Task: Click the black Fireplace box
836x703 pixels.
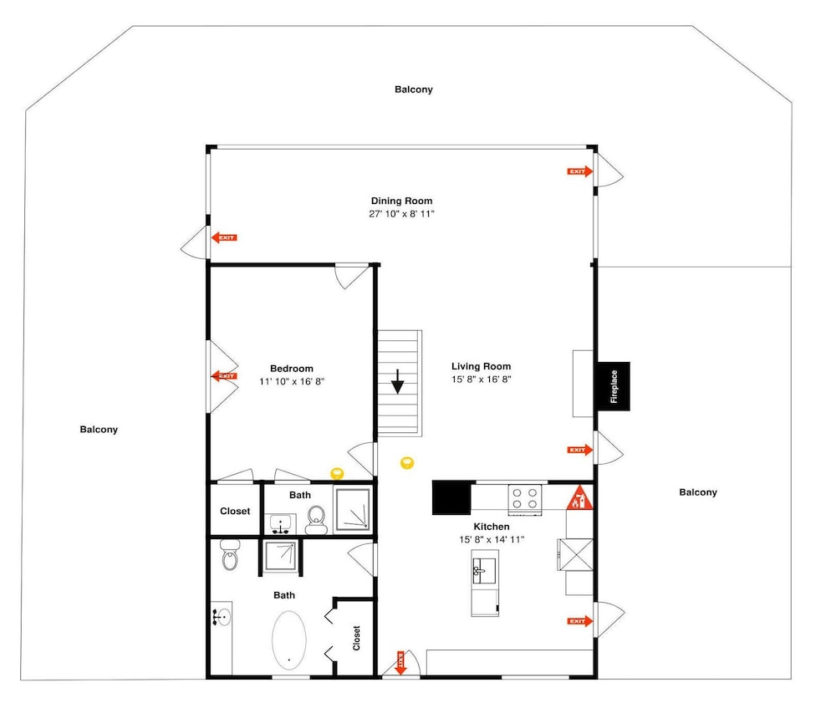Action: (x=613, y=386)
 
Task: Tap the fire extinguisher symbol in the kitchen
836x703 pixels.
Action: (x=579, y=498)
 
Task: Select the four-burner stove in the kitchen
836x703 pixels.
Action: (x=525, y=499)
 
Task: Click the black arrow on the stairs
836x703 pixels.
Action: (x=398, y=382)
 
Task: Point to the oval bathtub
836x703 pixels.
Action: (x=289, y=639)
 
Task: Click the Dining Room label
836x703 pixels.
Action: (x=401, y=201)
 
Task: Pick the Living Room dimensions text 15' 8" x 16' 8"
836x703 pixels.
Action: (x=481, y=380)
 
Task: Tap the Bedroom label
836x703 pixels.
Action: (x=292, y=369)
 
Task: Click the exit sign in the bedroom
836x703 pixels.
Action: (x=224, y=376)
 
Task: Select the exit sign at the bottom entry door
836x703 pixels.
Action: (x=400, y=663)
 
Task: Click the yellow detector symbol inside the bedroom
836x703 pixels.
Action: (x=337, y=473)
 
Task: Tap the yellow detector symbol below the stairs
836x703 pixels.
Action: (x=407, y=462)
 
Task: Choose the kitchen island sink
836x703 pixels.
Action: (x=484, y=572)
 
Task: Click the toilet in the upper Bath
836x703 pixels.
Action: (x=316, y=519)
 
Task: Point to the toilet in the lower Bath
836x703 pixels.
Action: (x=231, y=555)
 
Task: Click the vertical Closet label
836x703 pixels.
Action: (x=356, y=638)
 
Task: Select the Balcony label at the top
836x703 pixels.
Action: (x=414, y=89)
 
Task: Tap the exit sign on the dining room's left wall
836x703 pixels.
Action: (x=224, y=237)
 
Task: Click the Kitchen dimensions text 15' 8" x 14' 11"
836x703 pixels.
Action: (x=492, y=539)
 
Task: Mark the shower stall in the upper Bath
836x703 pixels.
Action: (x=352, y=509)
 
